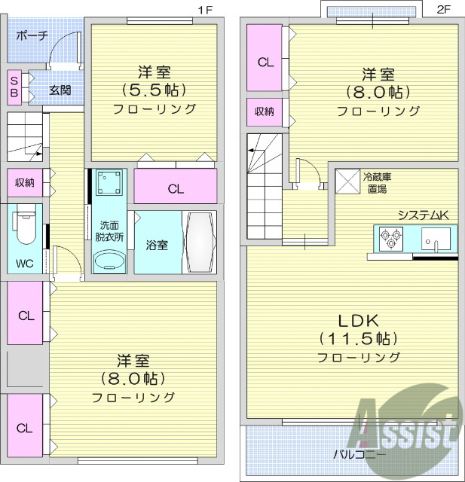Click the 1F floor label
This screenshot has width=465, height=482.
click(x=204, y=10)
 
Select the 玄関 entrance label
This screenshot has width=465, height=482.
click(x=60, y=90)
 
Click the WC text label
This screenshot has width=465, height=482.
click(x=25, y=264)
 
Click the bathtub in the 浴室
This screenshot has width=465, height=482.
click(x=200, y=242)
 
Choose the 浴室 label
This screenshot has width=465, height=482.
click(x=157, y=245)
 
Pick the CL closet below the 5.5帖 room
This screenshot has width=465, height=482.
click(x=175, y=188)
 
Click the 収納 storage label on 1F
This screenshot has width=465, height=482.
click(x=25, y=182)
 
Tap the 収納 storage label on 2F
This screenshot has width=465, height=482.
click(x=264, y=111)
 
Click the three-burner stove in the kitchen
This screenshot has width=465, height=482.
click(x=392, y=239)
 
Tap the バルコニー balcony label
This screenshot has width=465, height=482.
click(x=359, y=455)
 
